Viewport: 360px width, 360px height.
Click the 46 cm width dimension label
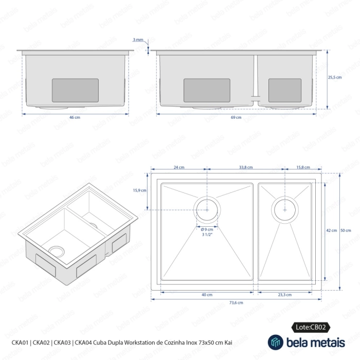(x=75, y=117)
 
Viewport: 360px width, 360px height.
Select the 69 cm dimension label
(x=236, y=117)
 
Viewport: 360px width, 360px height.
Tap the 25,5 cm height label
(x=335, y=77)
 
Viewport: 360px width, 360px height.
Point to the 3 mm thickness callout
(x=138, y=40)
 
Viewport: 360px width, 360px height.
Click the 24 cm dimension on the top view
(x=179, y=167)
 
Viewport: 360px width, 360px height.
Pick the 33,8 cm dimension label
(x=246, y=167)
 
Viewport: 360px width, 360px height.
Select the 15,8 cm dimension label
(x=303, y=167)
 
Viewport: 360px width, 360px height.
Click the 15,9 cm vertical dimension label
(x=139, y=190)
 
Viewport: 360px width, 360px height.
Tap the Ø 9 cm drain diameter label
(x=207, y=229)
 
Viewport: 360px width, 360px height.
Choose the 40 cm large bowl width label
(x=207, y=295)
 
